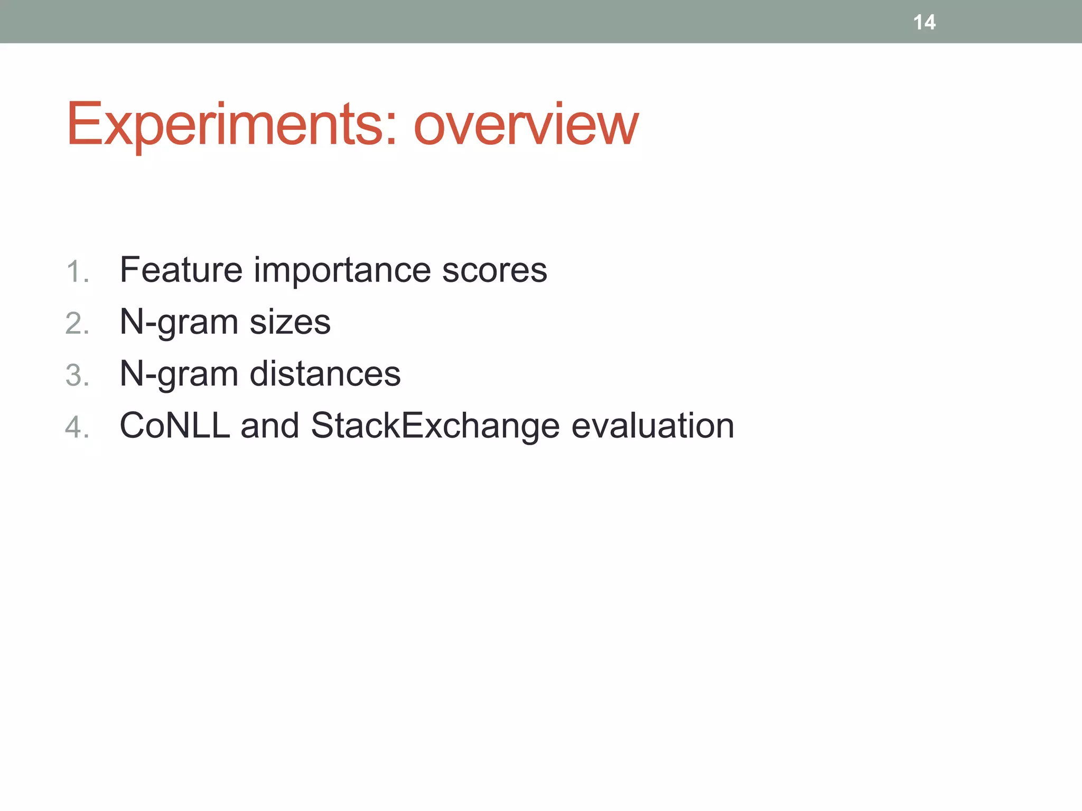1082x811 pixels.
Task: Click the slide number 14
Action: click(x=924, y=22)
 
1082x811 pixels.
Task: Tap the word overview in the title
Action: click(x=526, y=125)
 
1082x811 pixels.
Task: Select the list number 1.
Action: click(x=77, y=272)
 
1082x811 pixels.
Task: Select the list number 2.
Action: click(x=77, y=324)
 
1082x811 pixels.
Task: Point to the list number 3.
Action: click(x=77, y=375)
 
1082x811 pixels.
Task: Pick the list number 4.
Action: click(x=77, y=427)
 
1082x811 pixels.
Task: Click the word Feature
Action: click(x=181, y=270)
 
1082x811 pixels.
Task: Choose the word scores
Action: click(x=494, y=270)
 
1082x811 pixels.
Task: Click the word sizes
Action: click(x=290, y=322)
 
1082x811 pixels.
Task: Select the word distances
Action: click(x=325, y=373)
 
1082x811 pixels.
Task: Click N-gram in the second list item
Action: click(x=179, y=322)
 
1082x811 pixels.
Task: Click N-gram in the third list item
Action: click(x=179, y=373)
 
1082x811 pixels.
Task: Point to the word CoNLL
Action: click(x=175, y=425)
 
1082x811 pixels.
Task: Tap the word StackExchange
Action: click(x=435, y=425)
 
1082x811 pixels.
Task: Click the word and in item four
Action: click(x=269, y=425)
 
